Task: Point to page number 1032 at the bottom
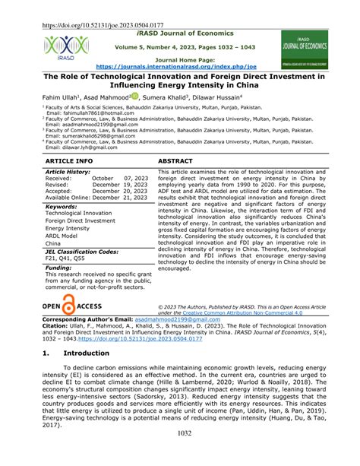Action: click(179, 454)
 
